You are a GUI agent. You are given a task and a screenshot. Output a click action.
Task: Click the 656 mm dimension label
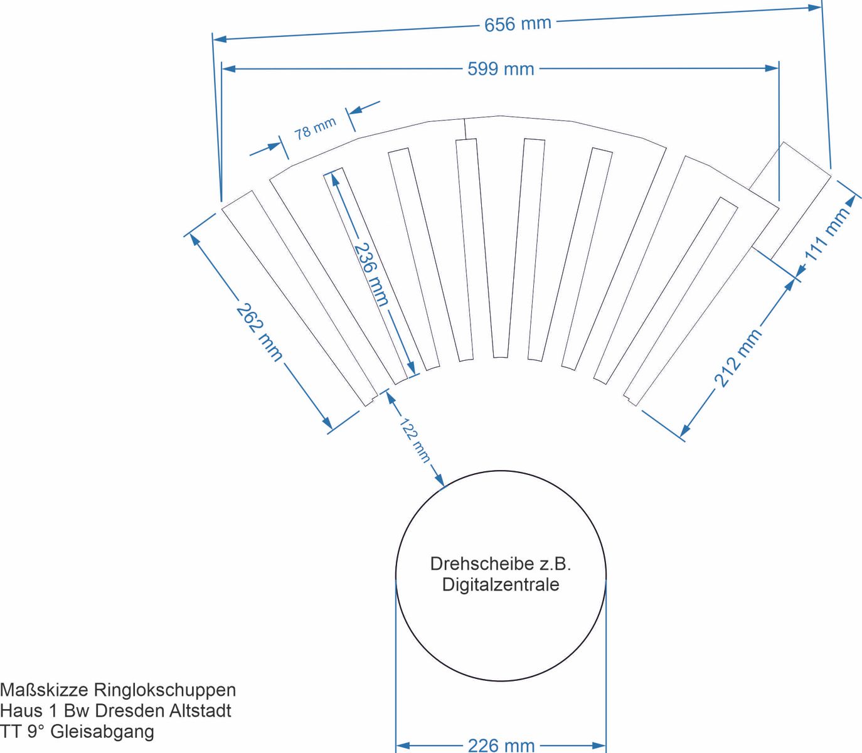click(x=518, y=24)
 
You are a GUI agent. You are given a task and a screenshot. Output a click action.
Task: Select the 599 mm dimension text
click(x=501, y=68)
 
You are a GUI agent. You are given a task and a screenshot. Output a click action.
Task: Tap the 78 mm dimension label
click(x=316, y=129)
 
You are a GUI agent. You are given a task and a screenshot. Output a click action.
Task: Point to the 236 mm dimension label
click(x=371, y=274)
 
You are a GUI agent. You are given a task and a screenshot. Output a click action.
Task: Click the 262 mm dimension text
click(x=260, y=333)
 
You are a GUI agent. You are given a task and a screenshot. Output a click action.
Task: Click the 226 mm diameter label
click(x=501, y=745)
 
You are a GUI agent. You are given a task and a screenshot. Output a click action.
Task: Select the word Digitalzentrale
click(x=501, y=585)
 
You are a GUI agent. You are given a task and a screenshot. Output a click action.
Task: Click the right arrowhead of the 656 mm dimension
click(x=815, y=8)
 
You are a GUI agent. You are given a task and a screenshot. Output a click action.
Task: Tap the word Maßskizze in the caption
click(x=44, y=690)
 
